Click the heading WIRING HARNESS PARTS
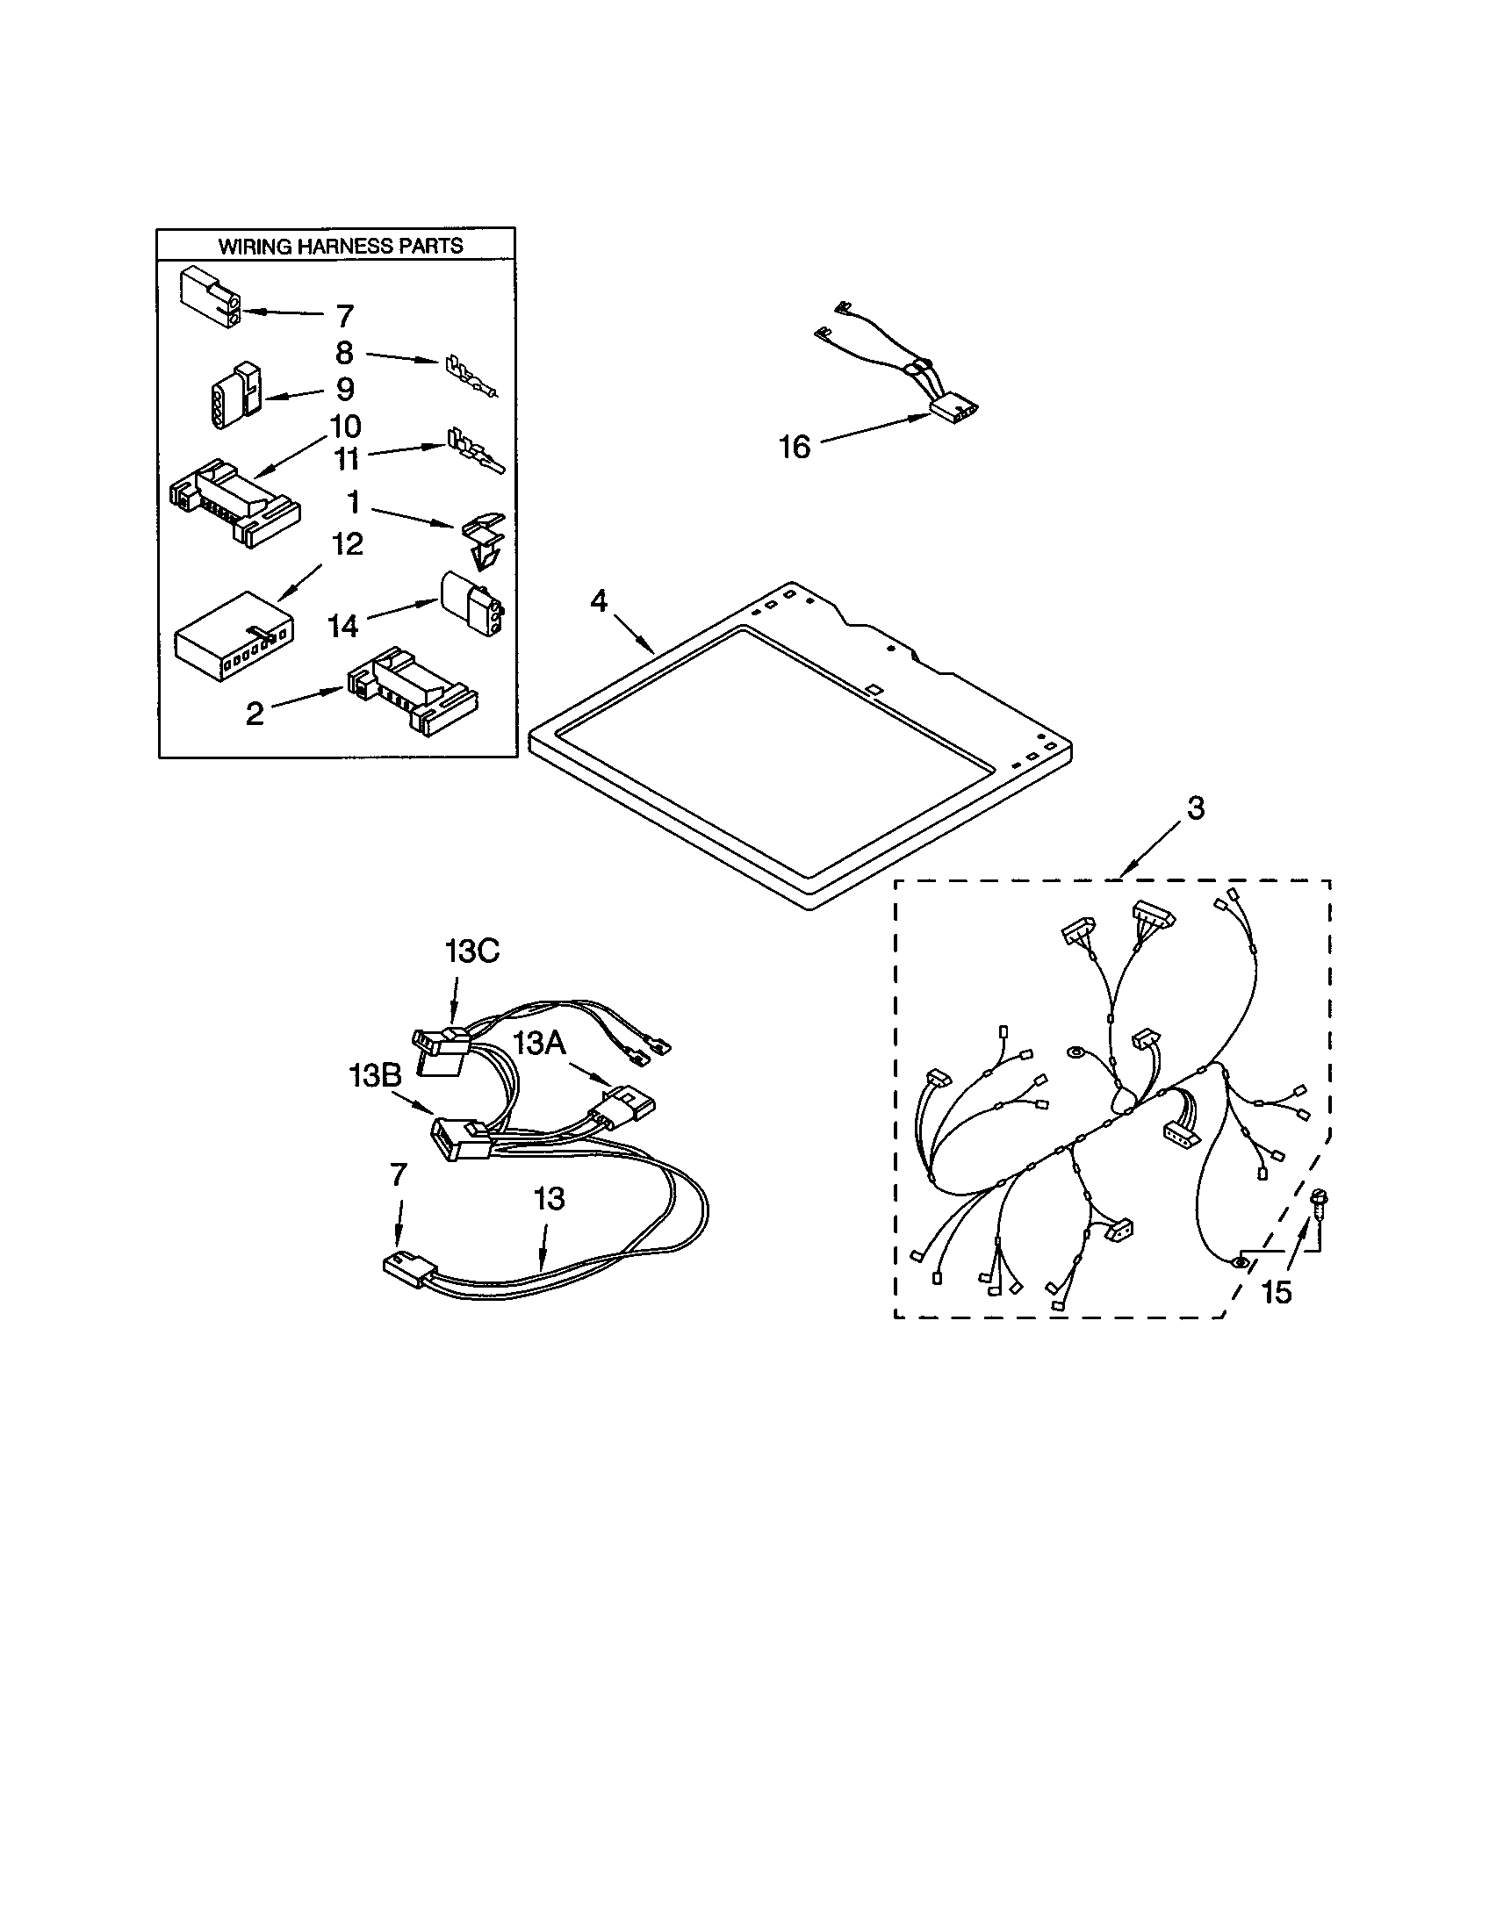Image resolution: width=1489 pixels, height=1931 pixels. click(x=341, y=247)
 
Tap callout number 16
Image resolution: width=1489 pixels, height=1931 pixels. click(x=794, y=448)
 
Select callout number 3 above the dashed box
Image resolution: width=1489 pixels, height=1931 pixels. click(x=1196, y=808)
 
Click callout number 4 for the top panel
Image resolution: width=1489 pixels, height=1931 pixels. click(x=599, y=601)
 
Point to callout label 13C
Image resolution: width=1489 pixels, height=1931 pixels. click(x=471, y=952)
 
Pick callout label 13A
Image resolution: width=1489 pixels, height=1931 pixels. click(x=539, y=1044)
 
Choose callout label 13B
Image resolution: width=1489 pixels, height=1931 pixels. click(x=375, y=1076)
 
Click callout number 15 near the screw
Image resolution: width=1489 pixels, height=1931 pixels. click(x=1276, y=1293)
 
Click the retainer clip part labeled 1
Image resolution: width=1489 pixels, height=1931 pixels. click(x=483, y=537)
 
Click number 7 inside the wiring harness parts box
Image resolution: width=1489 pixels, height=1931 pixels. click(x=345, y=316)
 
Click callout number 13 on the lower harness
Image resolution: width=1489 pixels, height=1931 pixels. click(x=548, y=1199)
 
